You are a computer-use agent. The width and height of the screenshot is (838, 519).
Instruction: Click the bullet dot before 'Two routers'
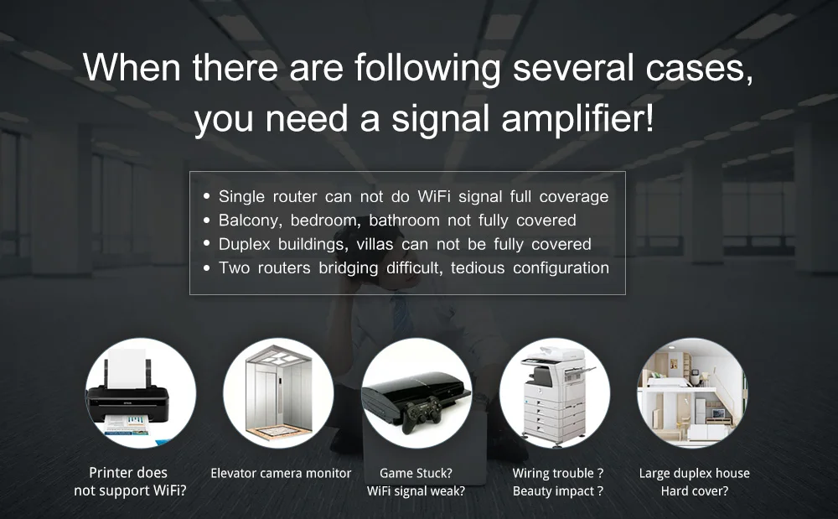[x=206, y=268]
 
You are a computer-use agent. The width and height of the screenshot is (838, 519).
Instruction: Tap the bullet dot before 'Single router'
[x=206, y=197]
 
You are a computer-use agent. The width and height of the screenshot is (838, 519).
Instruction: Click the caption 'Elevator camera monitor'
[x=281, y=474]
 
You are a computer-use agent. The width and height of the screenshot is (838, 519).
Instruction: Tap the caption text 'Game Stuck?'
[x=416, y=474]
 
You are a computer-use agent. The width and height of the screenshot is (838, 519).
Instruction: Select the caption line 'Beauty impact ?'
[x=557, y=491]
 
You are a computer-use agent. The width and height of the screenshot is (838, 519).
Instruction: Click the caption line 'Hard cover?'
[x=694, y=491]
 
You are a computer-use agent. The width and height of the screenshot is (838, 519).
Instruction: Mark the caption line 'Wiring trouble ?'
[x=557, y=474]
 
